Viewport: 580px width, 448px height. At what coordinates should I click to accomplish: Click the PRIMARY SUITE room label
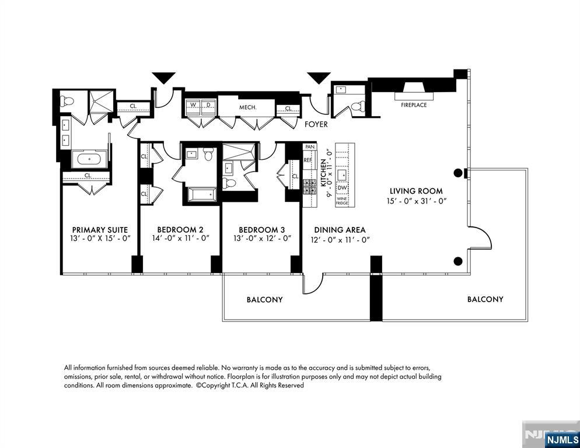pyautogui.click(x=100, y=230)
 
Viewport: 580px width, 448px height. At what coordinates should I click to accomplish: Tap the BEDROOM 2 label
pyautogui.click(x=180, y=230)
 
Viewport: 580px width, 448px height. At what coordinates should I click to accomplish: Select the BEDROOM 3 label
pyautogui.click(x=262, y=230)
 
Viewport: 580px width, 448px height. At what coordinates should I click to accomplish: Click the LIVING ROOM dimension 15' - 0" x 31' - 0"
pyautogui.click(x=416, y=201)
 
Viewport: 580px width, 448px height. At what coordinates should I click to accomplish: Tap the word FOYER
pyautogui.click(x=316, y=124)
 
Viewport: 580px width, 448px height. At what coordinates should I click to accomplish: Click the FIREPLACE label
pyautogui.click(x=414, y=105)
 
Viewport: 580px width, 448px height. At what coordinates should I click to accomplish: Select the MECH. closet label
pyautogui.click(x=248, y=107)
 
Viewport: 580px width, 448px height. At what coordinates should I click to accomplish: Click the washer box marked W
pyautogui.click(x=193, y=106)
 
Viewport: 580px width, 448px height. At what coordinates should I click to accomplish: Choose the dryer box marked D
pyautogui.click(x=208, y=106)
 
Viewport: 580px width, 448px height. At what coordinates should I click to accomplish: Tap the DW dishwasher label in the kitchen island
pyautogui.click(x=343, y=187)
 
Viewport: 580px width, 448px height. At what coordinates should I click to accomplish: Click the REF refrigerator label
pyautogui.click(x=308, y=160)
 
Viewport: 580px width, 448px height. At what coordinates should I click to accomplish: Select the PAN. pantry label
pyautogui.click(x=309, y=147)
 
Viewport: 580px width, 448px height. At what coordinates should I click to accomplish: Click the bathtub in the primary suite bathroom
pyautogui.click(x=89, y=159)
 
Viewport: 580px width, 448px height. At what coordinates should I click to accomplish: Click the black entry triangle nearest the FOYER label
pyautogui.click(x=319, y=78)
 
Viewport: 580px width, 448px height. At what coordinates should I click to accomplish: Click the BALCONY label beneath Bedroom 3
pyautogui.click(x=264, y=300)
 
